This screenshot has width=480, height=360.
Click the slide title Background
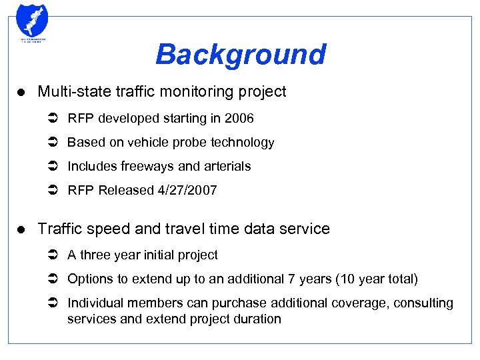click(240, 55)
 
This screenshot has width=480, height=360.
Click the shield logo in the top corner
click(31, 21)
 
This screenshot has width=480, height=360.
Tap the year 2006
click(239, 118)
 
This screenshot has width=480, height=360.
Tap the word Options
click(89, 279)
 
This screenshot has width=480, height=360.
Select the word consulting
click(423, 303)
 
